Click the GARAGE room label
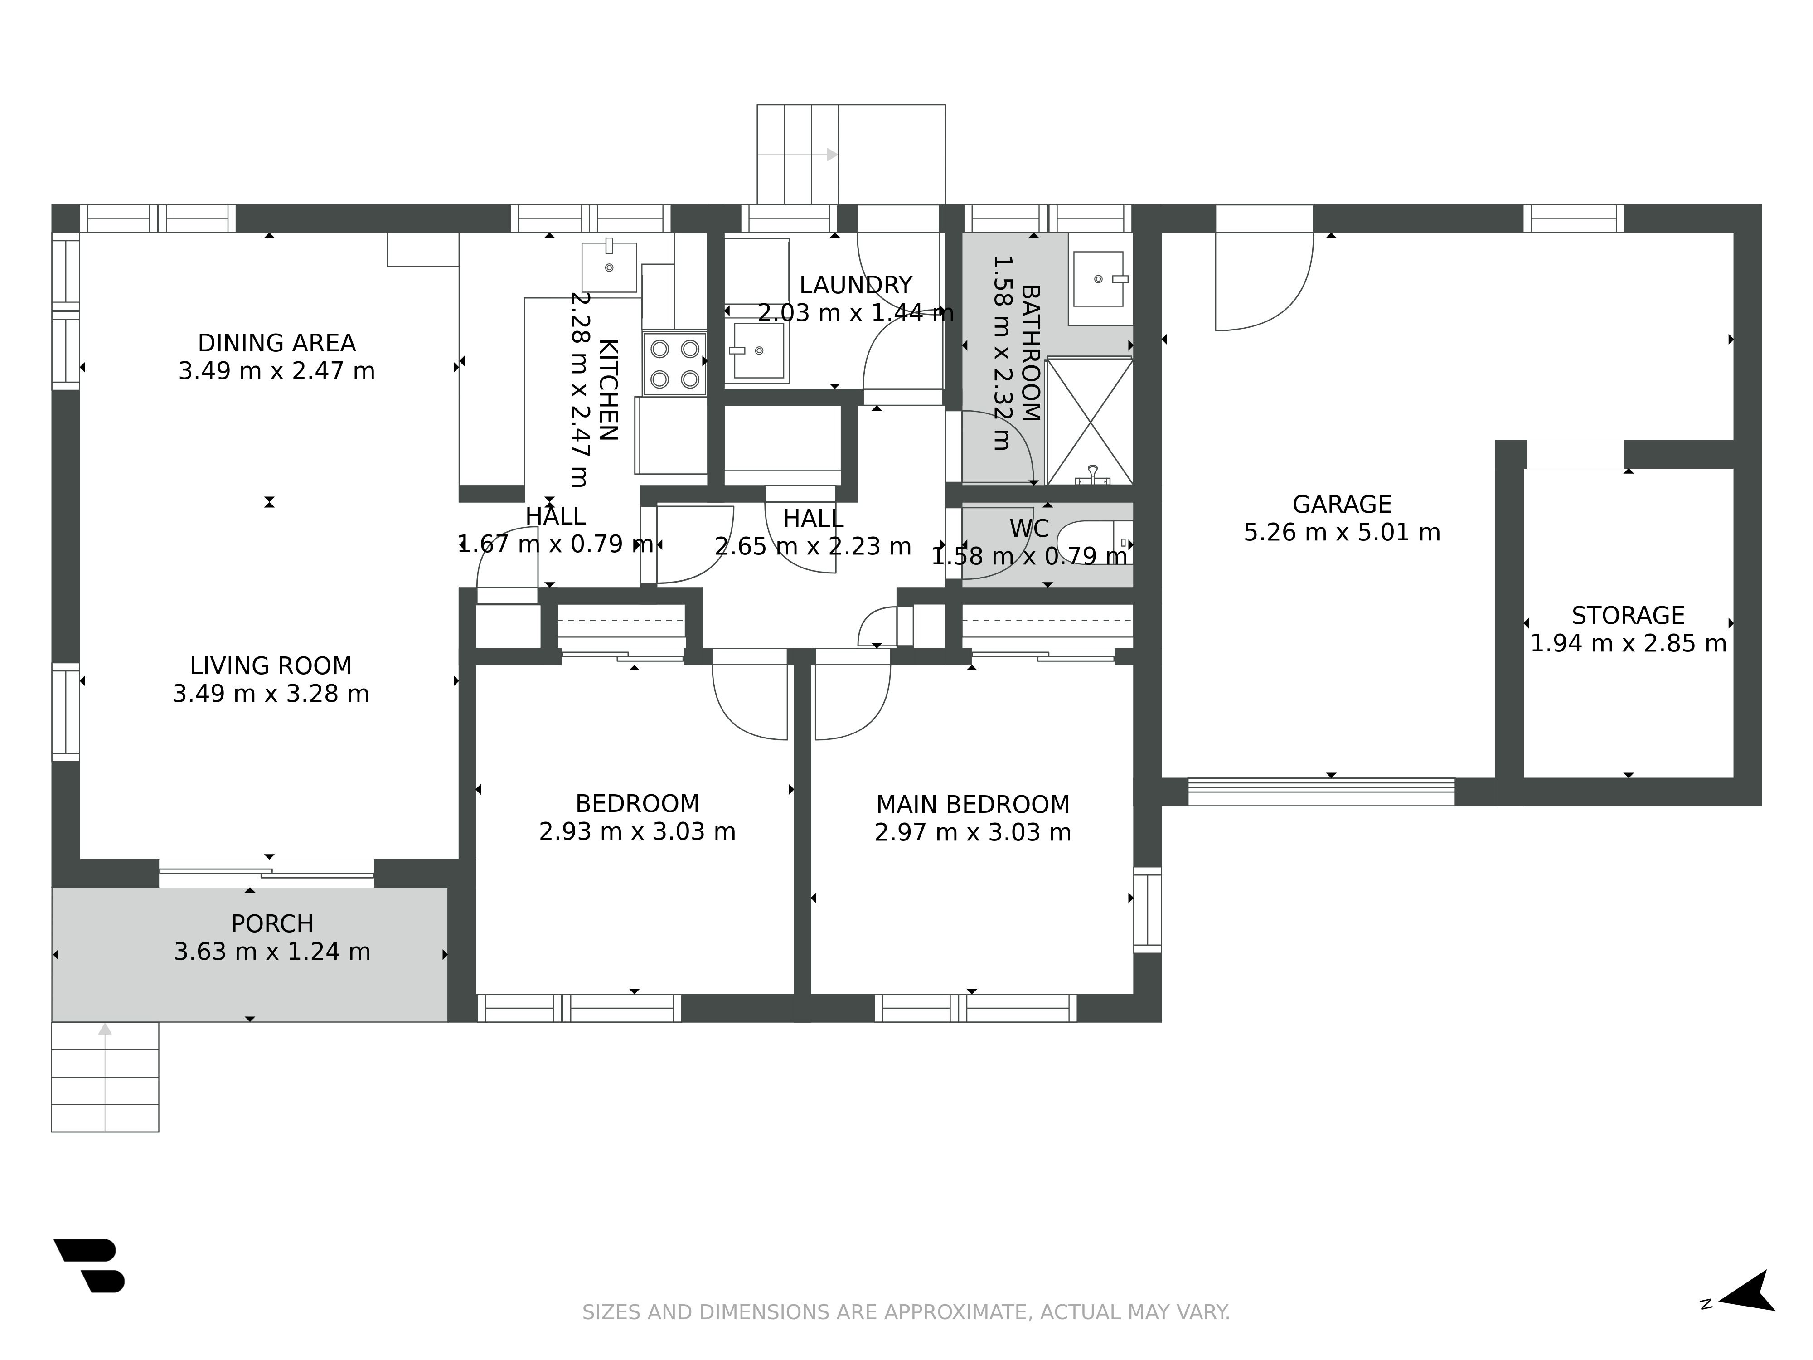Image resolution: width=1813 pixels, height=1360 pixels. (1342, 504)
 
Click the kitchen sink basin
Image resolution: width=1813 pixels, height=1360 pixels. (609, 267)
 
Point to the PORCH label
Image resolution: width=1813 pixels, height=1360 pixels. (272, 924)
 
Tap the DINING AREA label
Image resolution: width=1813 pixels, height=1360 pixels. (277, 343)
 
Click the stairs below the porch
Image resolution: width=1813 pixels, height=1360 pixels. (105, 1077)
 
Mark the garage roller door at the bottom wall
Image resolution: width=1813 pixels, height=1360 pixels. (1321, 792)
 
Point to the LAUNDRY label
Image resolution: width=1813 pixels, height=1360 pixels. (856, 285)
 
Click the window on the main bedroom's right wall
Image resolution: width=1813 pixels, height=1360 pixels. (1148, 910)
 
